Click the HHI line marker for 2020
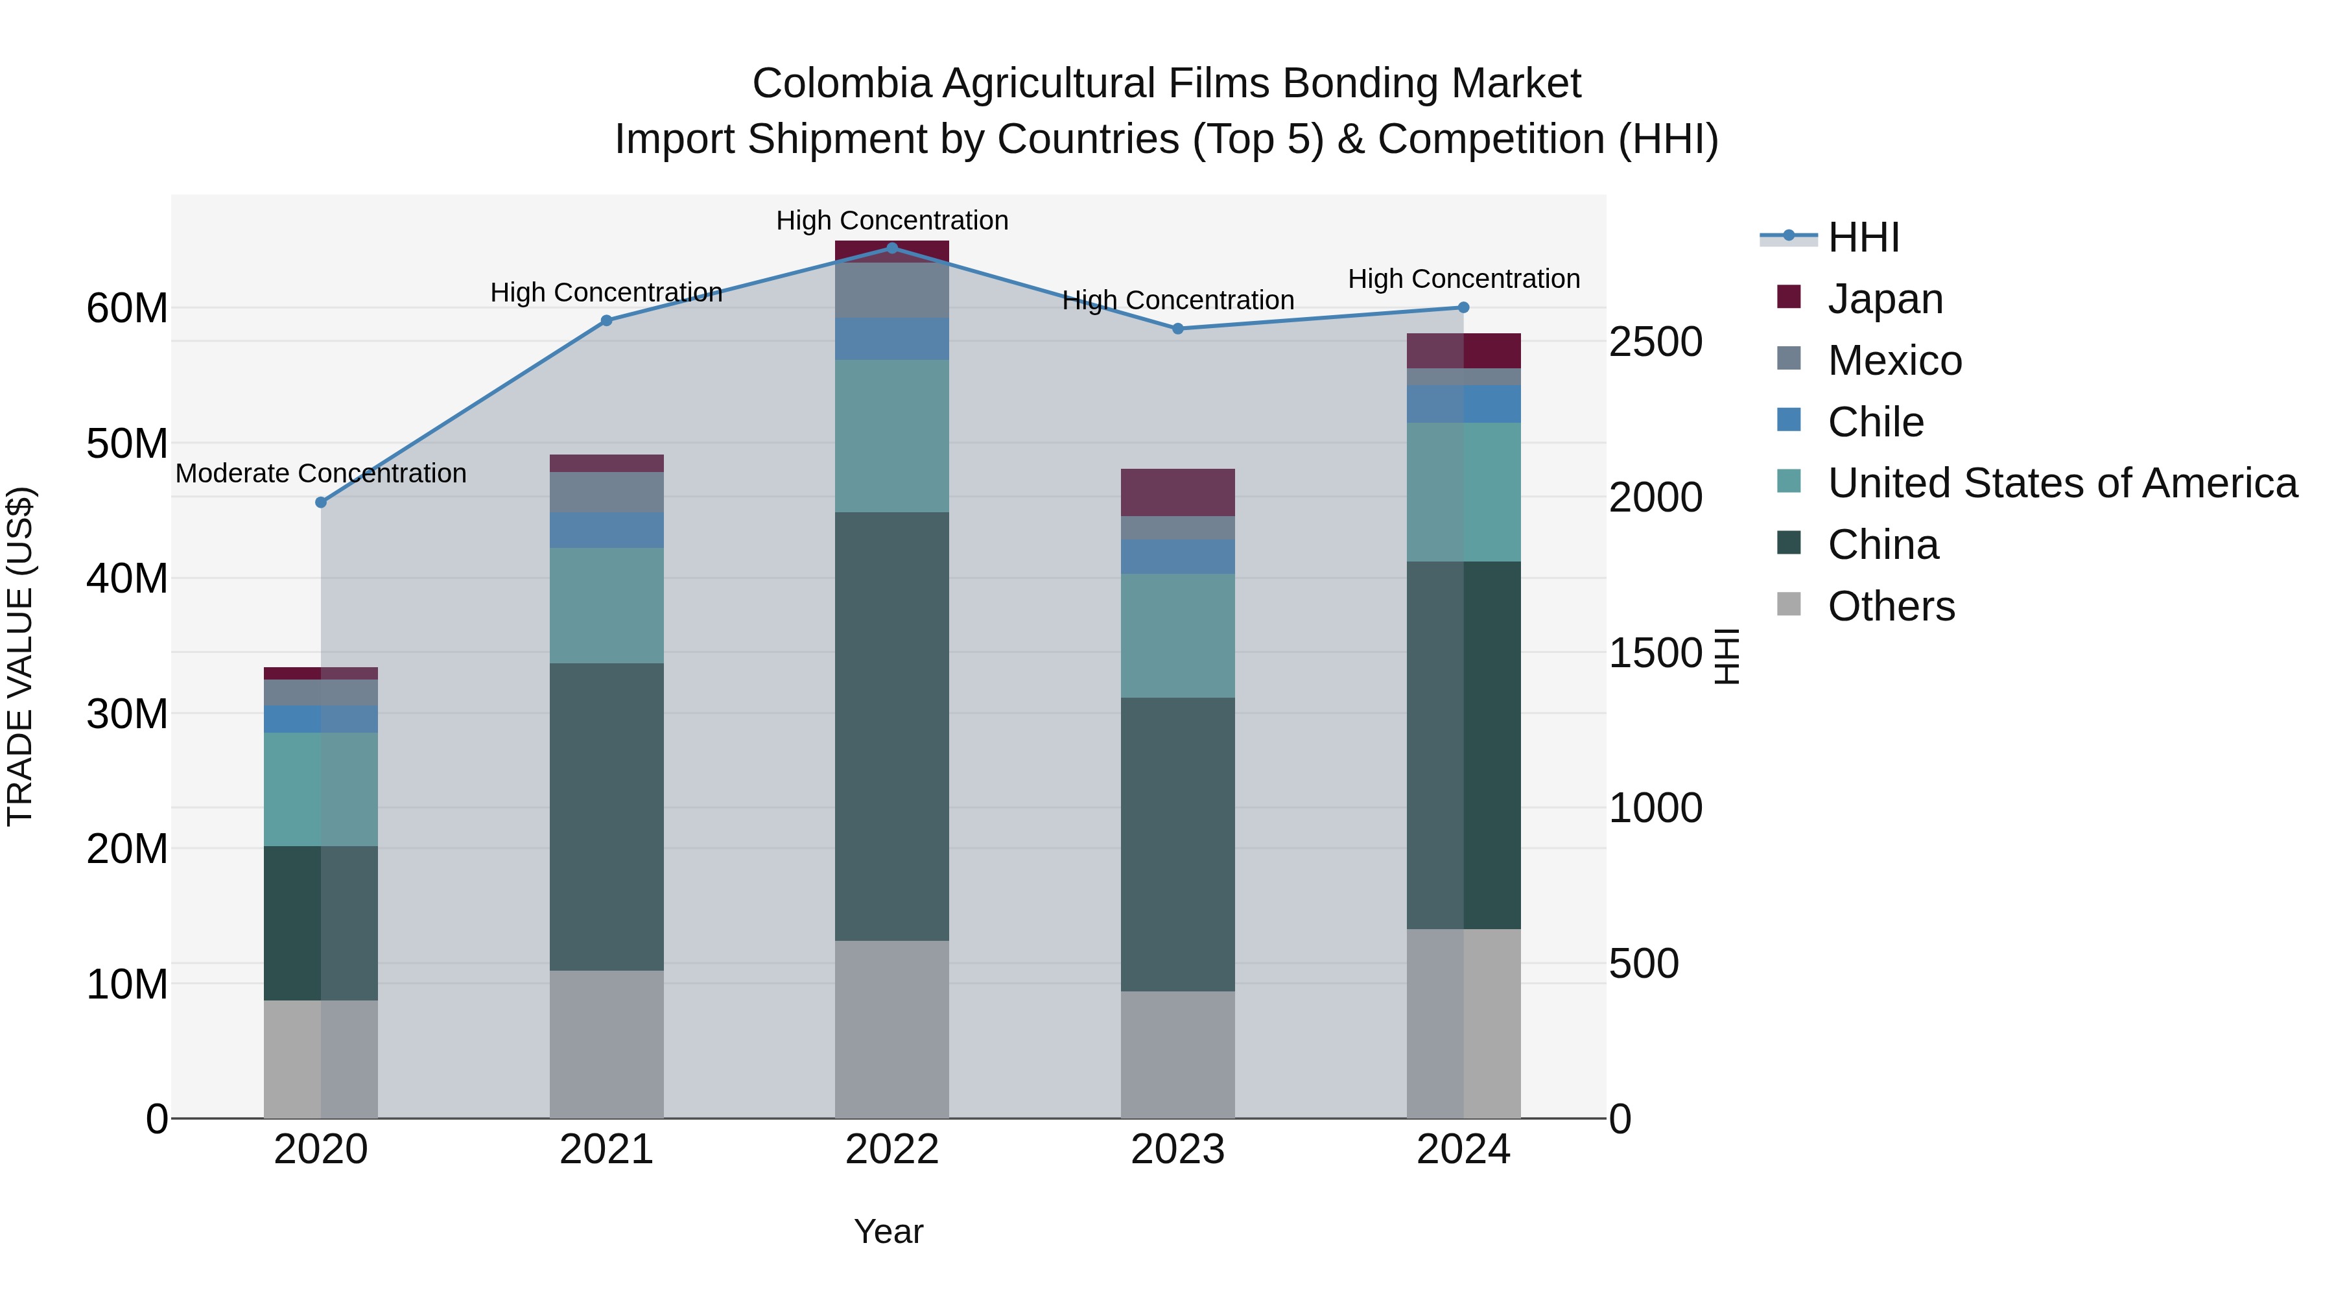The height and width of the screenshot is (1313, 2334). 321,502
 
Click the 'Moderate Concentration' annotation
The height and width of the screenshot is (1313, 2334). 321,473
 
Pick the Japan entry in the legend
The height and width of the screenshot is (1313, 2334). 1885,299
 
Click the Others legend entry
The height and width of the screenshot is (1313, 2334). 1891,606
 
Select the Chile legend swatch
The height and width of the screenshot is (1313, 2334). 1789,420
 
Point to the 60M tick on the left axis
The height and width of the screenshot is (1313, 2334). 127,308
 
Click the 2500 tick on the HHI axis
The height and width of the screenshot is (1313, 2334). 1655,342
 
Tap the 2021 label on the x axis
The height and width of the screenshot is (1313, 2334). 606,1150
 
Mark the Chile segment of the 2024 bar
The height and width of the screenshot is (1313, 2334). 1463,403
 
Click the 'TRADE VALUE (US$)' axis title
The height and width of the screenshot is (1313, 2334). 20,656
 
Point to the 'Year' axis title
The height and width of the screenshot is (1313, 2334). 888,1231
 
